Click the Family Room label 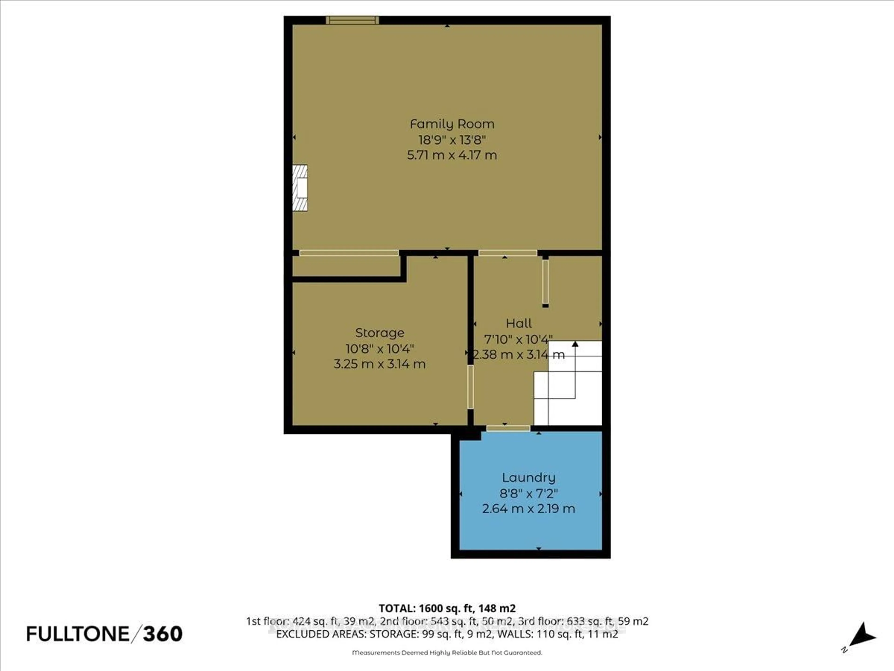452,124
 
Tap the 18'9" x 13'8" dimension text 452,140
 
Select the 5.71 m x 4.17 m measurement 452,155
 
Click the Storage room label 379,333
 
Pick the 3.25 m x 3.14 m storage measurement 379,364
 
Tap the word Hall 519,324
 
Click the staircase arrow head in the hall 575,344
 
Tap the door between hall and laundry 508,428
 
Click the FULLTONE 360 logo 104,634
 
